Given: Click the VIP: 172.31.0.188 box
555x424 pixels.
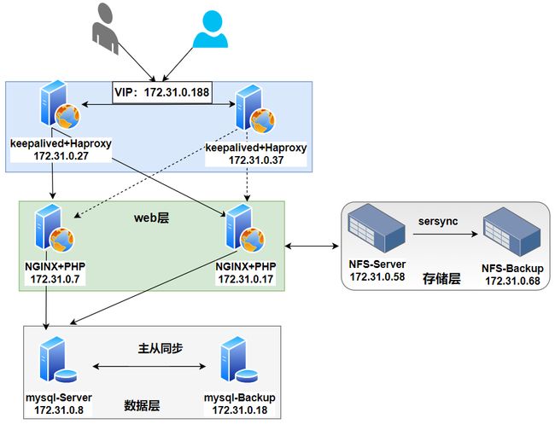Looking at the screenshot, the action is (162, 93).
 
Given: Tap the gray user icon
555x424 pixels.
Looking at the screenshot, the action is (105, 29).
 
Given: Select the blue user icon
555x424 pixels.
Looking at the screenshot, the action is (210, 29).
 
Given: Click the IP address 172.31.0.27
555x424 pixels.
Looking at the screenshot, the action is (61, 156).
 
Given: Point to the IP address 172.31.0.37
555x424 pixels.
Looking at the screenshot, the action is (256, 160).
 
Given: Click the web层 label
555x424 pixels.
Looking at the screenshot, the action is (151, 218).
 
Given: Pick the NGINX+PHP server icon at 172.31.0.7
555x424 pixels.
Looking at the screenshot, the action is (54, 228).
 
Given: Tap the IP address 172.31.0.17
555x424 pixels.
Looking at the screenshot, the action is (246, 279).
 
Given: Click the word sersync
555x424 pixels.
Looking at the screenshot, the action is (438, 221).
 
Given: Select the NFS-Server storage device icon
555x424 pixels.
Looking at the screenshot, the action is (377, 229).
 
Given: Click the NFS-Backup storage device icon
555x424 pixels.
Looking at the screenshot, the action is (511, 232).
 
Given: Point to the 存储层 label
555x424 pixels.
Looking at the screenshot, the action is (441, 279).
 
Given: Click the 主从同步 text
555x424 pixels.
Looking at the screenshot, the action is (161, 349).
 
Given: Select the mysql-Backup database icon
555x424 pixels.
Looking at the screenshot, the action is (239, 360).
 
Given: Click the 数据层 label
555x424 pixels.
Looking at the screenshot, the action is (142, 405).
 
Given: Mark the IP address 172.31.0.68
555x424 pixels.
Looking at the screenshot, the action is (512, 282).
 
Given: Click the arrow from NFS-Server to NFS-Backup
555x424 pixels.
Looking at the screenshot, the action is (445, 234).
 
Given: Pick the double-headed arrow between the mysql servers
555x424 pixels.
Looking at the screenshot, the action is (149, 367).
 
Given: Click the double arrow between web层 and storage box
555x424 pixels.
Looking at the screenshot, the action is (312, 246).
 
